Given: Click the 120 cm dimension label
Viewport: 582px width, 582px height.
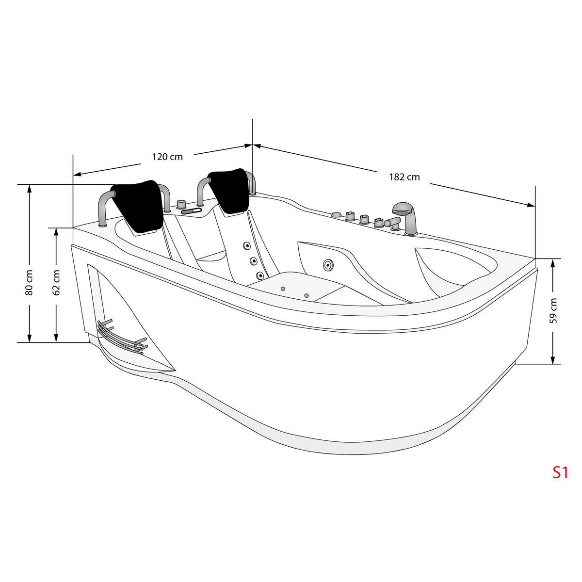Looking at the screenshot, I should click(167, 157).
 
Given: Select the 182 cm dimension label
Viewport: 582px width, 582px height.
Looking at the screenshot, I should click(404, 177).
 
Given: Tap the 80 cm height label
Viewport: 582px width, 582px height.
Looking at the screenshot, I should click(30, 283).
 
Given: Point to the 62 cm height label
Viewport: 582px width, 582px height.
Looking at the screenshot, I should click(57, 283).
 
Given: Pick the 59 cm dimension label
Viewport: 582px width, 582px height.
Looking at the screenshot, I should click(553, 310).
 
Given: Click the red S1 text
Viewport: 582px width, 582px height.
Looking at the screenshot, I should click(560, 472).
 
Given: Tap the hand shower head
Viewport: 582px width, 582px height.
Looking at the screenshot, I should click(404, 210).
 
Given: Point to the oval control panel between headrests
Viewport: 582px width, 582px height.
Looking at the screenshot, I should click(192, 211).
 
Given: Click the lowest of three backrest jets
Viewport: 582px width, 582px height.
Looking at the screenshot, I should click(260, 275).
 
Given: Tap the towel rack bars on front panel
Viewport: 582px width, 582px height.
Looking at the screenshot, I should click(121, 336).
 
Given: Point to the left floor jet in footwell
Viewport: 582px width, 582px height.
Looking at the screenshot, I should click(281, 289).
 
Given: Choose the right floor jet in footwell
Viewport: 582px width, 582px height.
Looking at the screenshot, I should click(306, 295).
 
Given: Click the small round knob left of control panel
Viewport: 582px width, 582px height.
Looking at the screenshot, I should click(181, 204).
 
